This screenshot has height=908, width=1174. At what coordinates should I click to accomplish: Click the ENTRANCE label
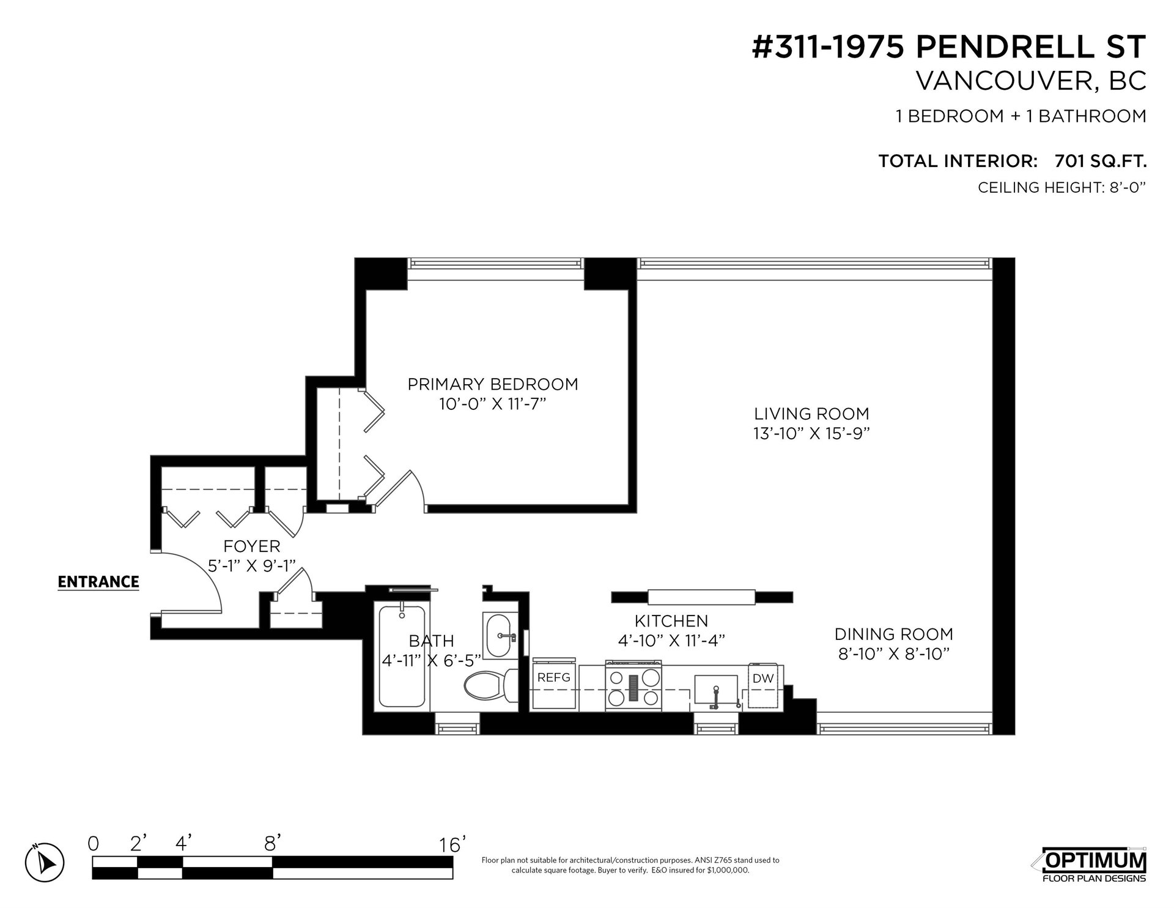98,582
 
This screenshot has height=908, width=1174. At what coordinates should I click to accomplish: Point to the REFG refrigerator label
554,677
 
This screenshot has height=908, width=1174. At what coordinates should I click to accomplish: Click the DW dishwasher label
763,678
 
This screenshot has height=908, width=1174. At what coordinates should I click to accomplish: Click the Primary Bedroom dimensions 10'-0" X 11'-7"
492,404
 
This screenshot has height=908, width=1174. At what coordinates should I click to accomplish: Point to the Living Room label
811,414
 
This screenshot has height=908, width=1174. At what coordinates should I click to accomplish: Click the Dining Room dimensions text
894,654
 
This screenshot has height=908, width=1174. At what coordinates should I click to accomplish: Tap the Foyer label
252,546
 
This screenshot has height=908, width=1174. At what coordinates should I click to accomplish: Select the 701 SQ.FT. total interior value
1101,162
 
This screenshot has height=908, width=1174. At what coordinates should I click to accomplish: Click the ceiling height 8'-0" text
1061,187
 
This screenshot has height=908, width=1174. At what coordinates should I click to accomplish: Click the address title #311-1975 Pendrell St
948,47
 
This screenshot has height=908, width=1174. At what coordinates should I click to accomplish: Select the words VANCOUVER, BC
1031,81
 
